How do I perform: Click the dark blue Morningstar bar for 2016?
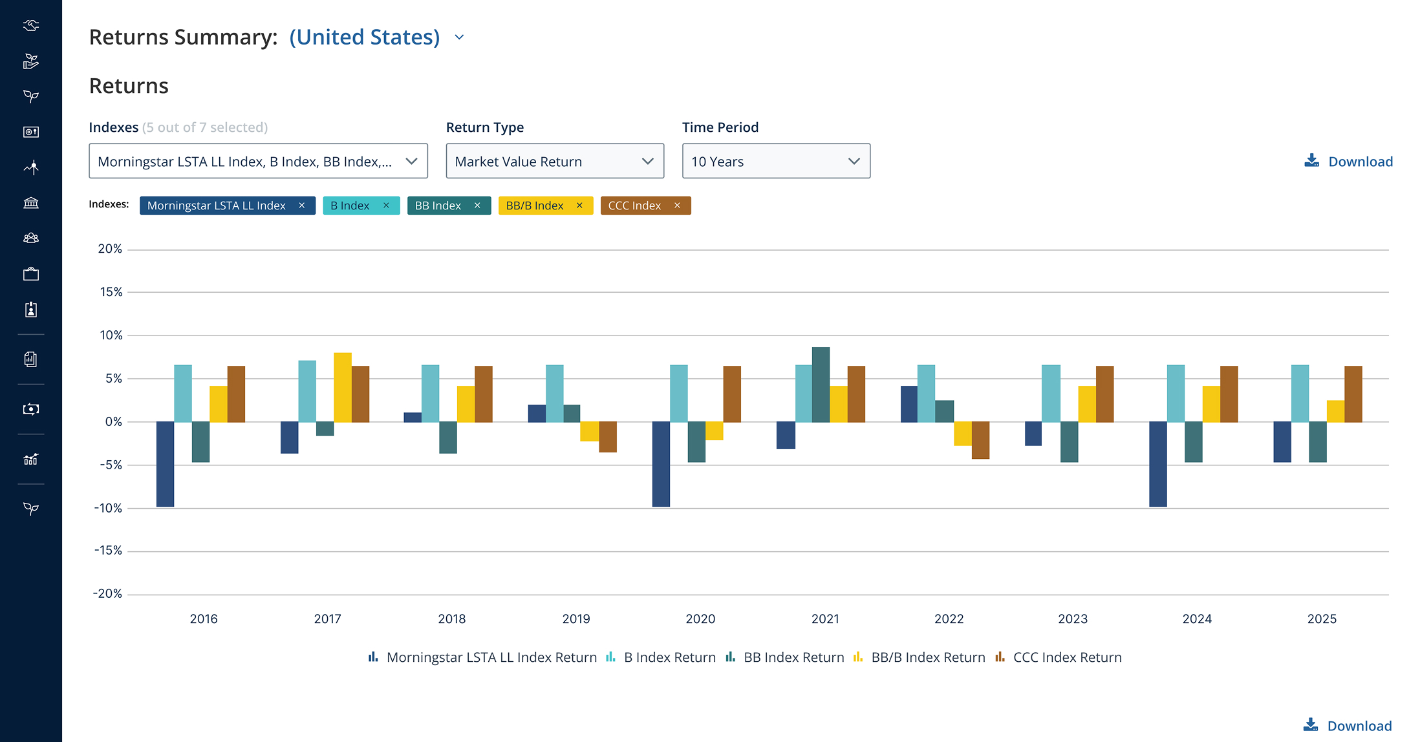pyautogui.click(x=165, y=464)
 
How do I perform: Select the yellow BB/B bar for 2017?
pyautogui.click(x=343, y=387)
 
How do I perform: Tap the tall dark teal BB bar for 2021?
pyautogui.click(x=821, y=385)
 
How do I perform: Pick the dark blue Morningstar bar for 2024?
pyautogui.click(x=1158, y=464)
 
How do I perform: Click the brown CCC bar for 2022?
pyautogui.click(x=980, y=440)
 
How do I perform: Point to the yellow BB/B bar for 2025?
pyautogui.click(x=1335, y=411)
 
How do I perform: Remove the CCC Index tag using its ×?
pyautogui.click(x=677, y=206)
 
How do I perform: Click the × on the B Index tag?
pyautogui.click(x=386, y=206)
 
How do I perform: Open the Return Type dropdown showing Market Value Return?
pyautogui.click(x=555, y=161)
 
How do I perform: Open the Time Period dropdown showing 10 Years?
pyautogui.click(x=776, y=161)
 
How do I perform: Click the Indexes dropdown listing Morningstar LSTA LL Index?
pyautogui.click(x=258, y=161)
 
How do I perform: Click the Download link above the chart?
pyautogui.click(x=1349, y=162)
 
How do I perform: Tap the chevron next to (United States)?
pyautogui.click(x=459, y=37)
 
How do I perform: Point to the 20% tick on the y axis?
pyautogui.click(x=110, y=249)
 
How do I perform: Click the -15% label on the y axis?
pyautogui.click(x=108, y=551)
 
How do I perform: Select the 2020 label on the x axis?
pyautogui.click(x=700, y=619)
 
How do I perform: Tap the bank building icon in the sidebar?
pyautogui.click(x=31, y=203)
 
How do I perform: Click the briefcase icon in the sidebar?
pyautogui.click(x=31, y=274)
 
